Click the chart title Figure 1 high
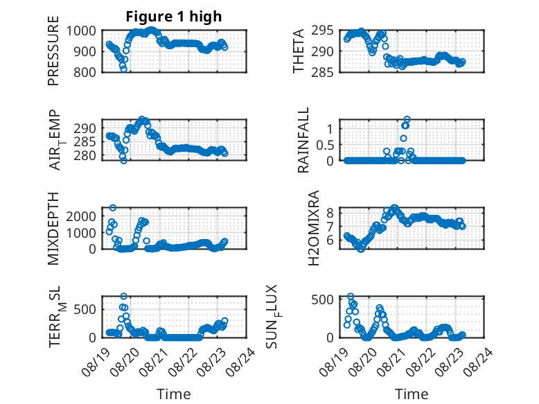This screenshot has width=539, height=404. click(x=174, y=17)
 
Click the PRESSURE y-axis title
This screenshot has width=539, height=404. click(x=53, y=51)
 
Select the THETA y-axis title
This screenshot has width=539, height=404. click(x=299, y=51)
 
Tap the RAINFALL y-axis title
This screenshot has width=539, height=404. click(x=303, y=140)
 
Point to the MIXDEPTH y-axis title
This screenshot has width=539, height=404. click(x=53, y=228)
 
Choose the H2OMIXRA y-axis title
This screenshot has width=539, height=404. click(x=314, y=228)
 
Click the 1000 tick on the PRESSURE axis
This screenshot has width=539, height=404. click(x=81, y=31)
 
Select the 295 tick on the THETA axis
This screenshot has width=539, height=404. click(x=322, y=30)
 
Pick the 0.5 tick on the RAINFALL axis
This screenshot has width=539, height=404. click(x=325, y=145)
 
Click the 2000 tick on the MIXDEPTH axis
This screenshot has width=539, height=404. click(x=81, y=216)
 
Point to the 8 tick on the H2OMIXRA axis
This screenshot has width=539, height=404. click(x=330, y=213)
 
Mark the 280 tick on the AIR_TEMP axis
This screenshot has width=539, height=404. click(x=85, y=155)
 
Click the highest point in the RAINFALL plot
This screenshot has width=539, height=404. click(x=407, y=119)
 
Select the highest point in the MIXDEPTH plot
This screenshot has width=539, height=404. click(x=113, y=208)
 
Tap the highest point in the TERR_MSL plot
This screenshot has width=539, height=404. click(x=124, y=296)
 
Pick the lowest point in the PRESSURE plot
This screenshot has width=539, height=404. click(x=124, y=69)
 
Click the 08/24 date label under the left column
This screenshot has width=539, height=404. click(x=240, y=362)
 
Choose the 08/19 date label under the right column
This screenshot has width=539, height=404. click(x=333, y=362)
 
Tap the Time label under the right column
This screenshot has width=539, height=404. click(x=412, y=394)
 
